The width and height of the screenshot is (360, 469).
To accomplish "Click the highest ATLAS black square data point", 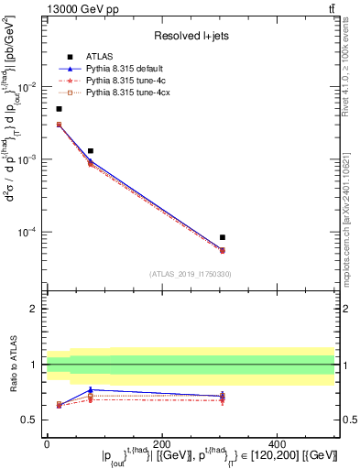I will point(60,109).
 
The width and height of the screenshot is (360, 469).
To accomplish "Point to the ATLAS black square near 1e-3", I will point(91,150).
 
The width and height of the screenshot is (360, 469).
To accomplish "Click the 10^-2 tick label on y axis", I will point(27,87).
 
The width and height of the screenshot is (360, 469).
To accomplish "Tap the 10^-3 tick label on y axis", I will point(27,159).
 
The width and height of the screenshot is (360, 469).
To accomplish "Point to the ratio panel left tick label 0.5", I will point(29,420).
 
